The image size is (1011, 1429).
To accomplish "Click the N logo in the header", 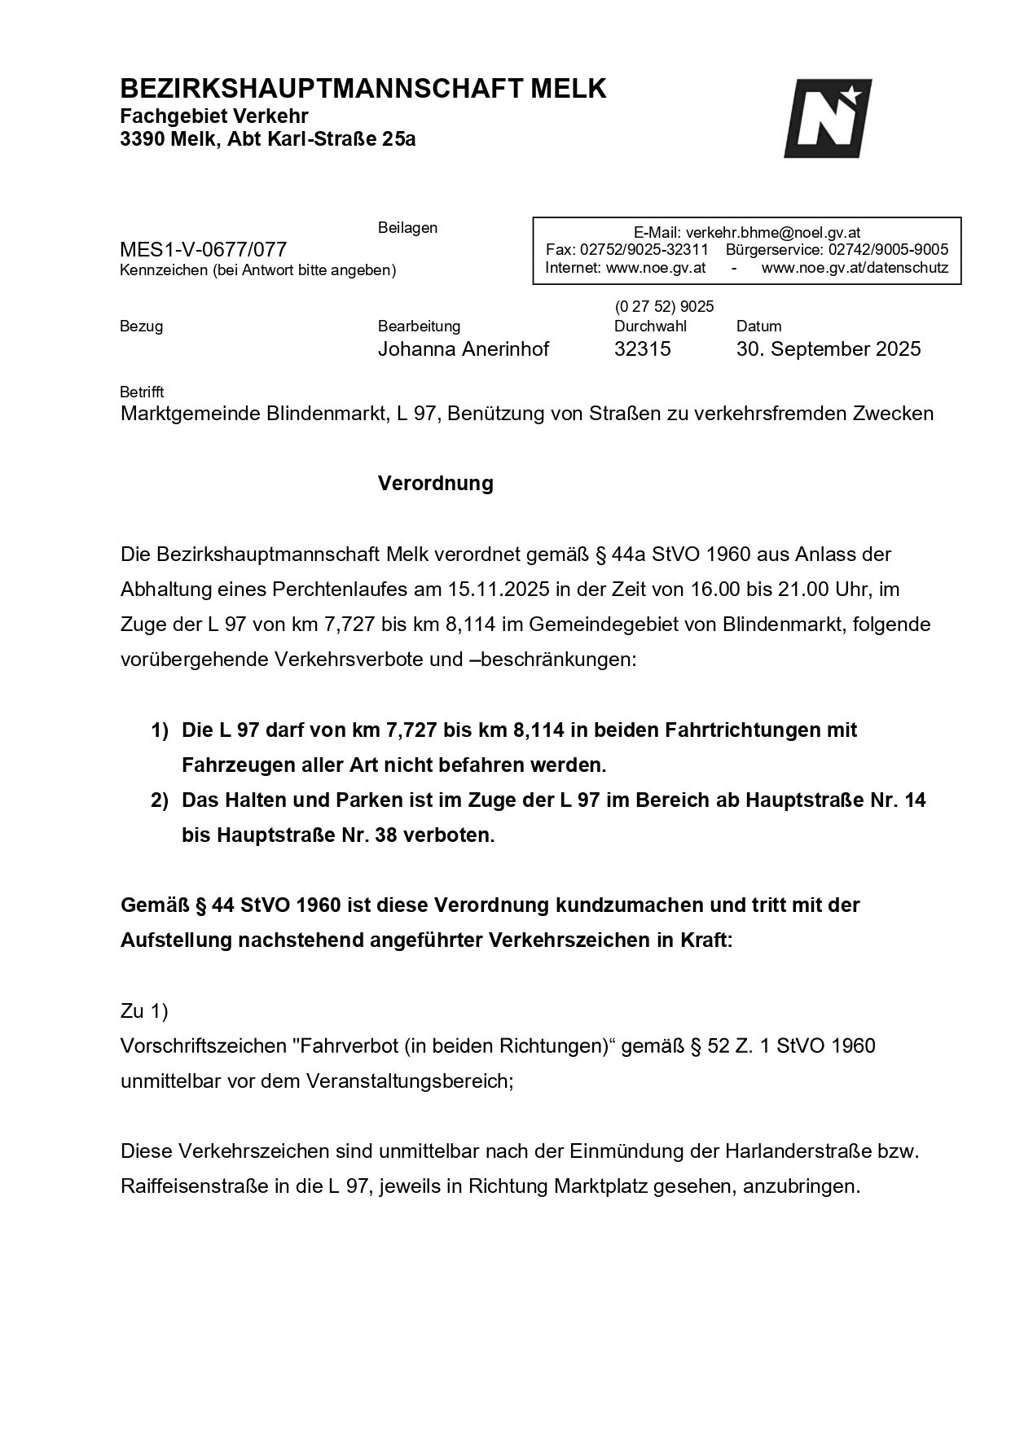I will pos(827,118).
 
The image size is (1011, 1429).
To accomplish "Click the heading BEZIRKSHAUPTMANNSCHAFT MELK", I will pos(363,89).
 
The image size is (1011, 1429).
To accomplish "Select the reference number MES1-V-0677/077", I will pos(203,249).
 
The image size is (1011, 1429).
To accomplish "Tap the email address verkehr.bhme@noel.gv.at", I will pos(773,232).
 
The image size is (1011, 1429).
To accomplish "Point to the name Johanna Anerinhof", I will pos(463,349).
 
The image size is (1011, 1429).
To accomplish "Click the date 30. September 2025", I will pos(829,349).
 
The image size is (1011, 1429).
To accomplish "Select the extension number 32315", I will pos(642,349).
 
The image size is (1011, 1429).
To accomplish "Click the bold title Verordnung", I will pos(435,483).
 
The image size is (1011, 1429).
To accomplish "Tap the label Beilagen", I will pos(407,228).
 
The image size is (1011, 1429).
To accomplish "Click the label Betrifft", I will pos(142,392).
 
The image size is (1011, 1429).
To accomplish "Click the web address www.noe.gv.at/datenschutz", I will pos(855,268).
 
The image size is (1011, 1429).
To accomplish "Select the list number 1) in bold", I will pos(160,730).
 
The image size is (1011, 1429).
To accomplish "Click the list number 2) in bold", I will pos(160,801).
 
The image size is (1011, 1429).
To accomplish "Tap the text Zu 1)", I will pos(144,1010).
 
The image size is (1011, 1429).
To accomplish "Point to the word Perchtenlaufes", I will pos(336,589).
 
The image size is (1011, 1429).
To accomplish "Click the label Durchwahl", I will pos(650,327).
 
